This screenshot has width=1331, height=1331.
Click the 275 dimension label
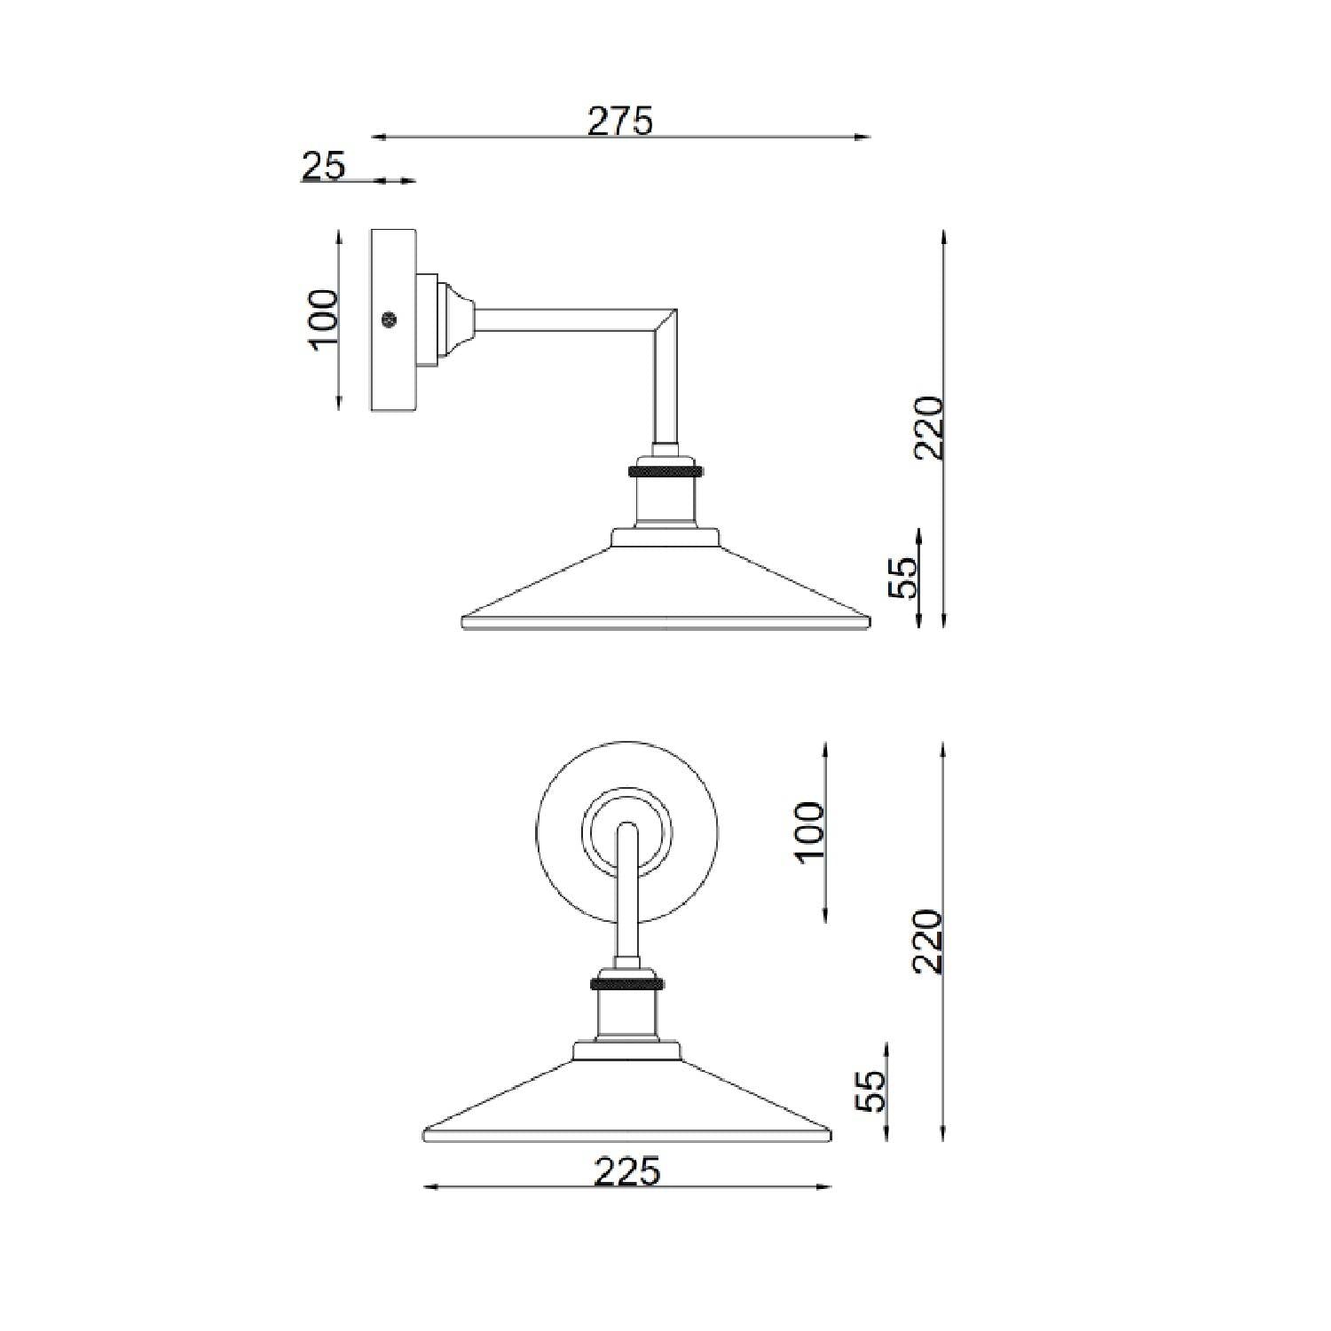[620, 121]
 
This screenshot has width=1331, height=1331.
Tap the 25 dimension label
[324, 165]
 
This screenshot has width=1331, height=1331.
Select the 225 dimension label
[627, 1171]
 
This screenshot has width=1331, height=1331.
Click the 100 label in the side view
[324, 319]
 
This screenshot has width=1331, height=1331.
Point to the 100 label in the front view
[810, 831]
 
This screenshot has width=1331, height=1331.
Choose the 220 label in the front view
[928, 941]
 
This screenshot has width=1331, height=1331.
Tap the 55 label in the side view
[901, 578]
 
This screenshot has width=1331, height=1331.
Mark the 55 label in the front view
[870, 1091]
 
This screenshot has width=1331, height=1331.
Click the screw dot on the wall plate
[387, 319]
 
